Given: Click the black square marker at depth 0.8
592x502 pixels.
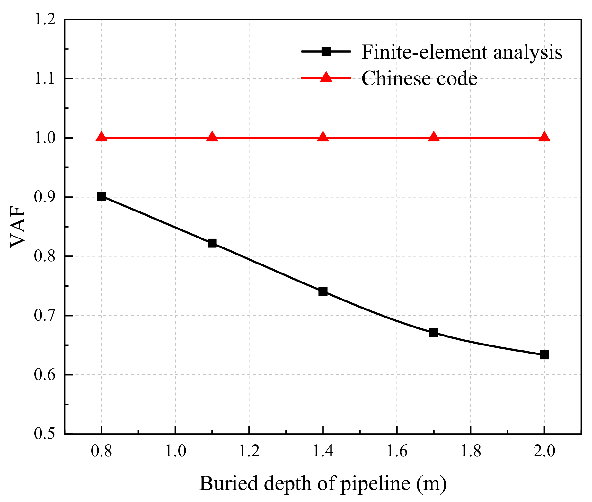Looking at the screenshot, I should click(x=101, y=196).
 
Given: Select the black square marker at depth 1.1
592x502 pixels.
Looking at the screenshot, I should click(x=212, y=243).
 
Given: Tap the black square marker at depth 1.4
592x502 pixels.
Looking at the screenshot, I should click(x=323, y=291).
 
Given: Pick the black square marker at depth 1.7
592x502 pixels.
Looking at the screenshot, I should click(x=434, y=333).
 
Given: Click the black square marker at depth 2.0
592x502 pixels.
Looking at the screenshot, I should click(x=544, y=355).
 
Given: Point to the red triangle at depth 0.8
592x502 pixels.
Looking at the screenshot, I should click(x=101, y=137).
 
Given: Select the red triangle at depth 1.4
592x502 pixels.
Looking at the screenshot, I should click(x=323, y=137).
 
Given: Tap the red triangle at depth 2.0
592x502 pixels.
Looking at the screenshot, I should click(x=544, y=137).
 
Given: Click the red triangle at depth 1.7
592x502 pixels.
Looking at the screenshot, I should click(x=434, y=137).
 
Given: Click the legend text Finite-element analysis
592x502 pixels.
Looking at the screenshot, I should click(x=462, y=52).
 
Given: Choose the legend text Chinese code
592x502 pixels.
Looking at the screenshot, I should click(x=419, y=78).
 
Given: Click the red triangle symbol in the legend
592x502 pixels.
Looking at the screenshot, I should click(x=326, y=77).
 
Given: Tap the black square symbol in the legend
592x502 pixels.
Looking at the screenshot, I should click(x=326, y=51).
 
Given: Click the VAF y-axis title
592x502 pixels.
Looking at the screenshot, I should click(x=18, y=227).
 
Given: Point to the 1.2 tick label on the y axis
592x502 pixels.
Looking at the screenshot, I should click(x=45, y=20).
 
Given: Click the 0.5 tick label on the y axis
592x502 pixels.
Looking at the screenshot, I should click(x=45, y=434).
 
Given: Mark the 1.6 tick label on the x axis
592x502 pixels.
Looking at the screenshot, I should click(x=397, y=451).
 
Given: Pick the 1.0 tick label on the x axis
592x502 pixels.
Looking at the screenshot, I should click(x=175, y=451).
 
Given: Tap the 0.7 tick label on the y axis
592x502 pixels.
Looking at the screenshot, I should click(x=45, y=316).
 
